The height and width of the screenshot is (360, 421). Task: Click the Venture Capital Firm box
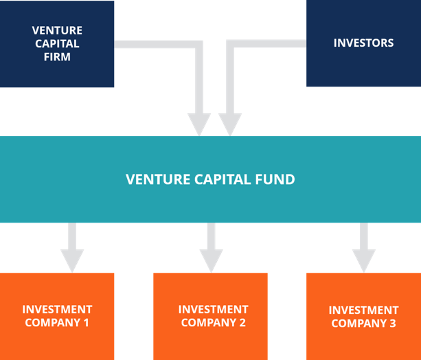pos(57,44)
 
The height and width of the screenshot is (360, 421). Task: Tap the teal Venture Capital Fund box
pos(210,179)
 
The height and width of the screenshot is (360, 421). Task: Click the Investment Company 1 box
pos(57,316)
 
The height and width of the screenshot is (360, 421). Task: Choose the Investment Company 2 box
pos(210,316)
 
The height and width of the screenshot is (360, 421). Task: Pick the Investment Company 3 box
pos(363,316)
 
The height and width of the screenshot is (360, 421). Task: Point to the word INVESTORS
pos(363,43)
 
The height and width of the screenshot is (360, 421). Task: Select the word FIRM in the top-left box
pos(57,57)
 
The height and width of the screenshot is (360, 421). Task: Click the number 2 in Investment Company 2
pos(242,323)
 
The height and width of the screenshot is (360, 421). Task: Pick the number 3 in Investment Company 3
pos(392,324)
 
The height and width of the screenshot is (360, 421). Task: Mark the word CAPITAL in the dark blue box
pos(57,44)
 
